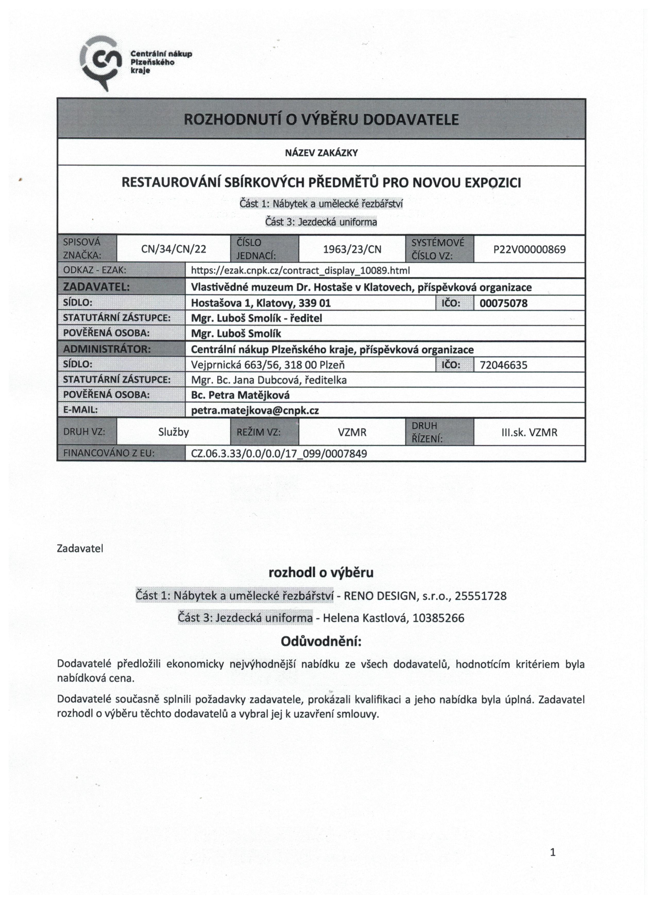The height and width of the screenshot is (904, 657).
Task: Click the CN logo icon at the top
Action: click(x=100, y=61)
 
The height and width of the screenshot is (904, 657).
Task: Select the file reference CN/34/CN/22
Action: click(x=174, y=249)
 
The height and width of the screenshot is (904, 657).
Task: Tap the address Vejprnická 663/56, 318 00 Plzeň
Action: click(x=268, y=365)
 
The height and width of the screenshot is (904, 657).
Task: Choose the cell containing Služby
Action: click(x=173, y=432)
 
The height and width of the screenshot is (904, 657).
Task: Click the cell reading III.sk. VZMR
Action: click(x=529, y=432)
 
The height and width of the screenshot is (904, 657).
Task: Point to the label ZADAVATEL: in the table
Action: click(x=96, y=287)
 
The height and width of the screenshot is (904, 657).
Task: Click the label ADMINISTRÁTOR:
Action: click(x=107, y=349)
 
